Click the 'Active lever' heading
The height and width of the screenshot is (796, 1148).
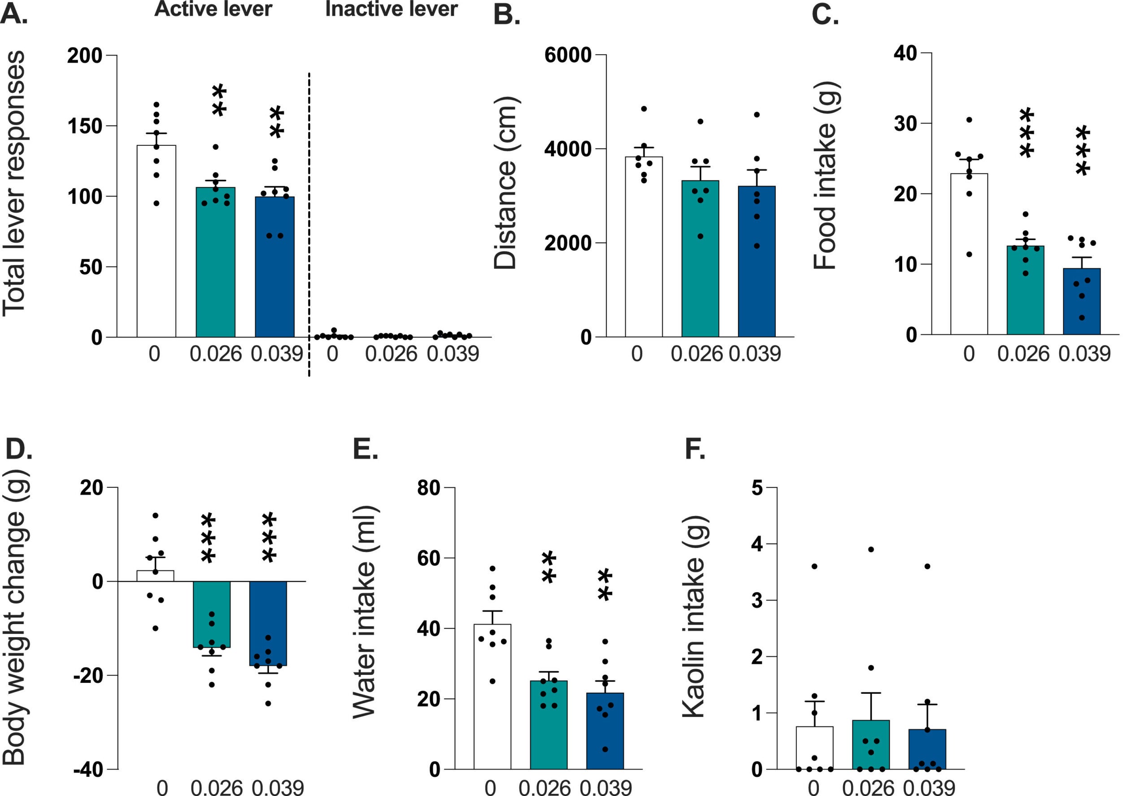(x=213, y=9)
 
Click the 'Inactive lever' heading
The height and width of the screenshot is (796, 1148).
(x=391, y=9)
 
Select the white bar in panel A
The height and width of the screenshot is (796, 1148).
(x=157, y=249)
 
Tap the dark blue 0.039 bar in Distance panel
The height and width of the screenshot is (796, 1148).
(x=757, y=269)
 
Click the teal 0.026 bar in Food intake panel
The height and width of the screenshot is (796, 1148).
(x=1026, y=294)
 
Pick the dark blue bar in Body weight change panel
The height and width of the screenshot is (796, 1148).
(x=268, y=623)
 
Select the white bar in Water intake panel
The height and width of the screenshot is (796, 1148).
(x=492, y=698)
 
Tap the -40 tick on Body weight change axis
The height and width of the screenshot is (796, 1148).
(x=88, y=770)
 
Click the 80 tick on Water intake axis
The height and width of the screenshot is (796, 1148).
(x=429, y=488)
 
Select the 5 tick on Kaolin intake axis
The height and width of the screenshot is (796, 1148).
(x=757, y=488)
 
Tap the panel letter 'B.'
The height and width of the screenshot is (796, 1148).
(x=506, y=15)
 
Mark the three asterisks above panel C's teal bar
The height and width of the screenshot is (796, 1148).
(x=1026, y=134)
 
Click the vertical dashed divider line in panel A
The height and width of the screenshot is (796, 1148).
(x=309, y=224)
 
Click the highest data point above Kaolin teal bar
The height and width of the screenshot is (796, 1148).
(x=871, y=550)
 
